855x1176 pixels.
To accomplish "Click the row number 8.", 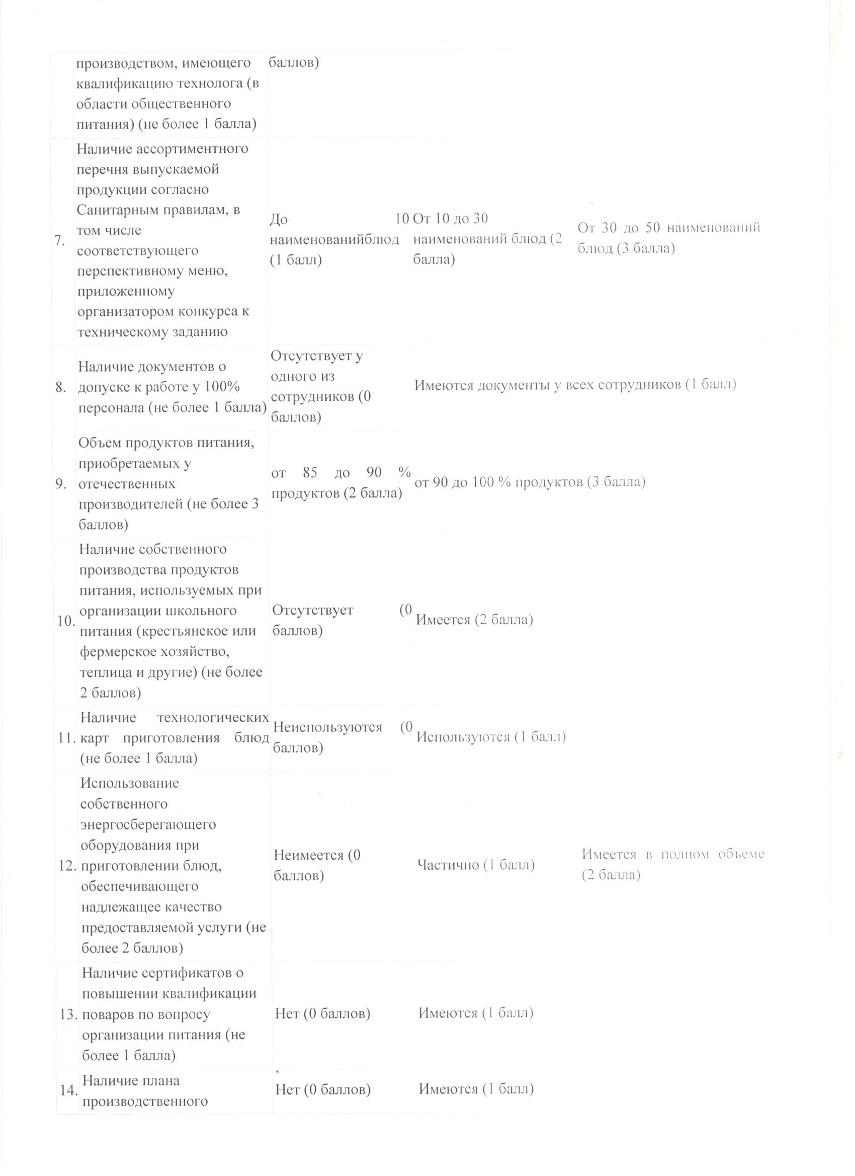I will [x=61, y=387].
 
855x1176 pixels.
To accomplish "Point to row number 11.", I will [x=68, y=738].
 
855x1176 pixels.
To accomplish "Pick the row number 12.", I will [x=68, y=866].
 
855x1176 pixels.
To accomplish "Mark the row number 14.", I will [x=69, y=1090].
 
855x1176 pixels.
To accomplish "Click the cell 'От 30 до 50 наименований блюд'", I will [x=668, y=238].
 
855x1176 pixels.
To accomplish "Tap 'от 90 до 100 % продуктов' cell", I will [x=530, y=482].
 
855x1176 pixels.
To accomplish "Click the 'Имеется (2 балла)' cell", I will [x=474, y=620].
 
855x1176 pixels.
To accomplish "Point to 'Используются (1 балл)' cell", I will [x=490, y=737].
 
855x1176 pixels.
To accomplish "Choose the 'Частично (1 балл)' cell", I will [x=475, y=865].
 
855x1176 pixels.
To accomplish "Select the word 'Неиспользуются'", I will [x=327, y=727].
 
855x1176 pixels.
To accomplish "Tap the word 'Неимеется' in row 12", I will [x=308, y=855].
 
